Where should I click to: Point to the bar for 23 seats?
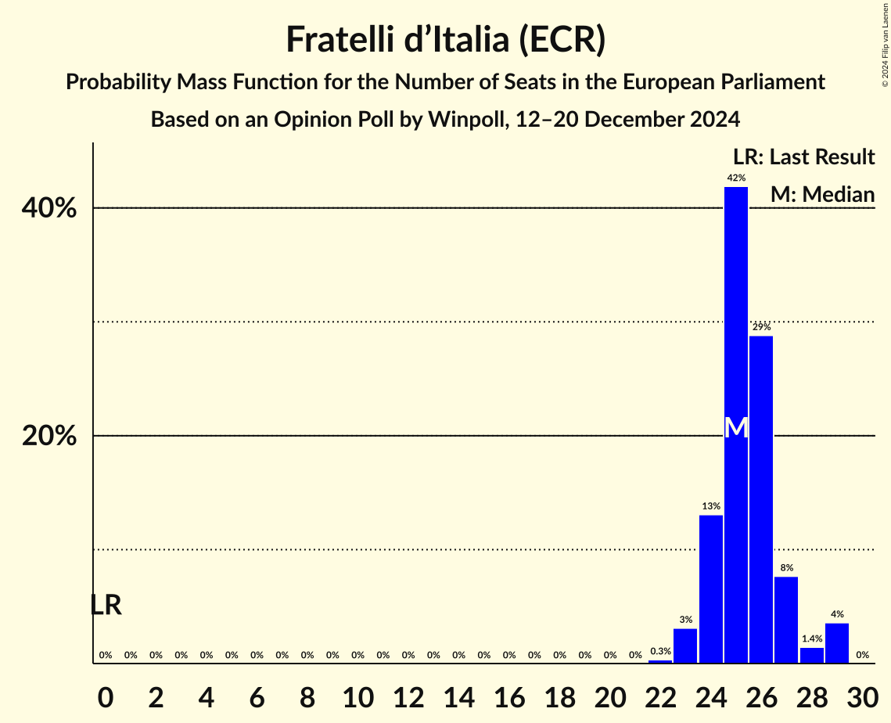pyautogui.click(x=685, y=646)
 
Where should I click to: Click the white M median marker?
pyautogui.click(x=736, y=428)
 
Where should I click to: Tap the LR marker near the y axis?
pyautogui.click(x=106, y=605)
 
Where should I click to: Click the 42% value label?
pyautogui.click(x=735, y=178)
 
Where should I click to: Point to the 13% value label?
pyautogui.click(x=710, y=506)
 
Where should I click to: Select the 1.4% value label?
pyautogui.click(x=811, y=639)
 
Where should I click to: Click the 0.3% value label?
pyautogui.click(x=660, y=652)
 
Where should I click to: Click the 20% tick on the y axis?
pyautogui.click(x=49, y=436)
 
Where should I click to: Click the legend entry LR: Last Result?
pyautogui.click(x=803, y=157)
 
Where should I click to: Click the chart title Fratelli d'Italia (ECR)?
pyautogui.click(x=445, y=40)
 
